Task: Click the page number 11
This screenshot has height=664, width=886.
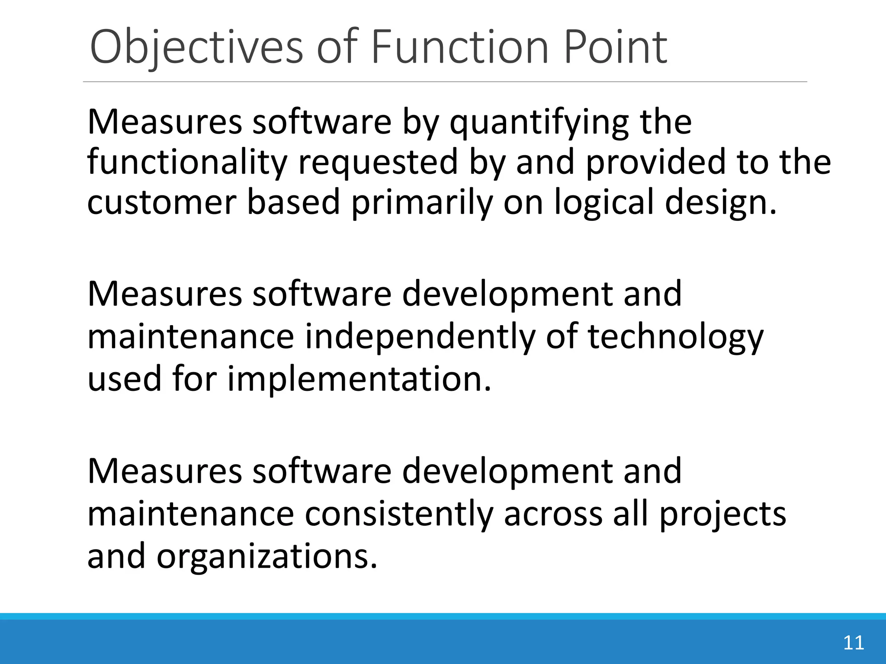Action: (854, 643)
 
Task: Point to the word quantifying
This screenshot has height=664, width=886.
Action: (539, 123)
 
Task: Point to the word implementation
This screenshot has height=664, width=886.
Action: (360, 379)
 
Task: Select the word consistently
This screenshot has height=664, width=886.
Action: (398, 514)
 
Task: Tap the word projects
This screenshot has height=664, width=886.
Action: (722, 514)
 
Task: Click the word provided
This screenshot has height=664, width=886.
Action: (655, 162)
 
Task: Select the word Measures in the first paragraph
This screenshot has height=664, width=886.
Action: (164, 123)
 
